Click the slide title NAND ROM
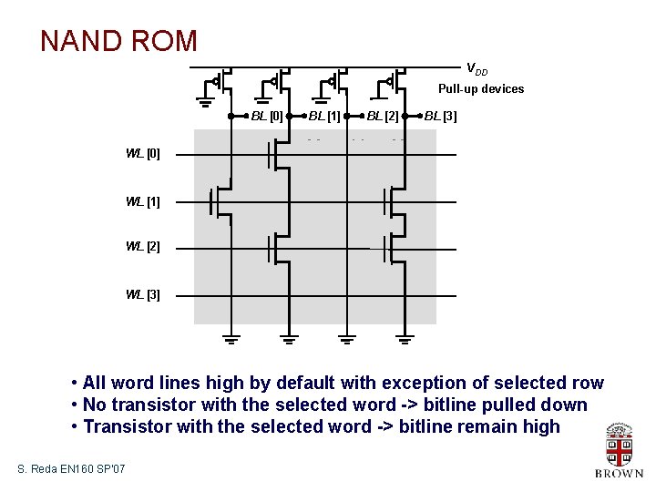pyautogui.click(x=118, y=41)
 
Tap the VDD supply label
pyautogui.click(x=477, y=69)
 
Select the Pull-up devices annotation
pyautogui.click(x=480, y=88)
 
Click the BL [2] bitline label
pyautogui.click(x=383, y=117)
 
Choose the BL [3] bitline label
pyautogui.click(x=441, y=117)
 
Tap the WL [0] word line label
pyautogui.click(x=143, y=154)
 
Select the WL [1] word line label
pyautogui.click(x=143, y=201)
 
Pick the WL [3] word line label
pyautogui.click(x=143, y=294)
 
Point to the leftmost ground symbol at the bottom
pyautogui.click(x=231, y=341)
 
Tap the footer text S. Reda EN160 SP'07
pyautogui.click(x=71, y=468)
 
